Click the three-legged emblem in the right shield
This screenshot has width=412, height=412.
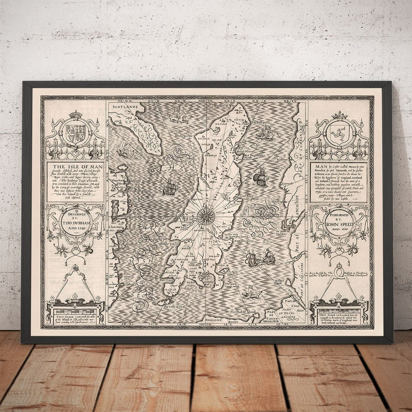point(339,133)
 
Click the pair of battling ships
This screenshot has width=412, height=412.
point(260,259)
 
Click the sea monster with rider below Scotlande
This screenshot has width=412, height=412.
point(178,118)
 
